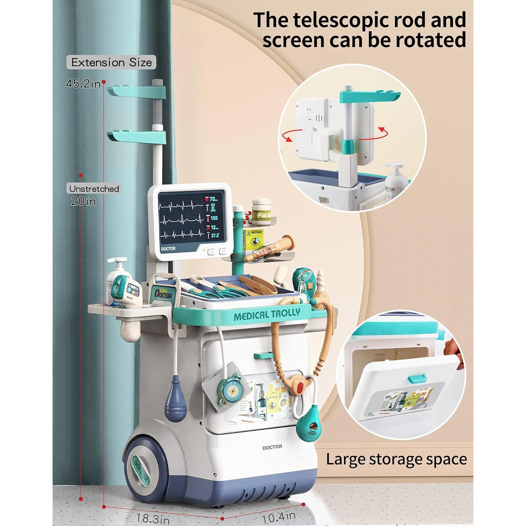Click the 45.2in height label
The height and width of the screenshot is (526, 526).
(x=83, y=84)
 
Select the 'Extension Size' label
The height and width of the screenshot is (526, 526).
(x=112, y=62)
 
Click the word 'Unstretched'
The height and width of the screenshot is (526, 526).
(x=94, y=189)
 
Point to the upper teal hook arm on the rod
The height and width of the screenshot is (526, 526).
(x=137, y=92)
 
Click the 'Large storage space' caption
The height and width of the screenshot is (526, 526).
(x=396, y=459)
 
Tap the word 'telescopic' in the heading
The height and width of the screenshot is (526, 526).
(x=340, y=20)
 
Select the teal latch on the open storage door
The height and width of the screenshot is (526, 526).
(x=417, y=379)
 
